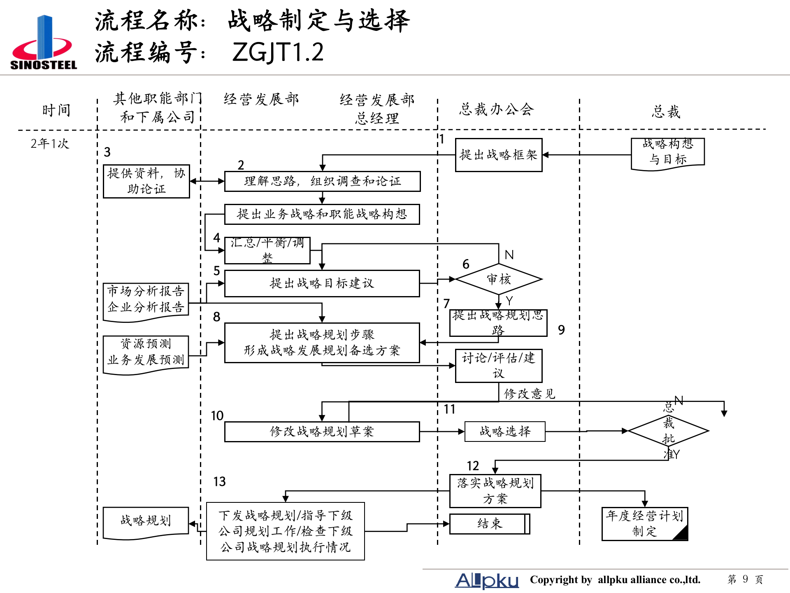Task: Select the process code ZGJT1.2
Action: pyautogui.click(x=278, y=52)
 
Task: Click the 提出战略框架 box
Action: pyautogui.click(x=498, y=155)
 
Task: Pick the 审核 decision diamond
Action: pyautogui.click(x=498, y=279)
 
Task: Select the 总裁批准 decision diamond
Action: pyautogui.click(x=668, y=431)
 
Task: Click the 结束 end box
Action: pyautogui.click(x=489, y=524)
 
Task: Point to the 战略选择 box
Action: pyautogui.click(x=504, y=432)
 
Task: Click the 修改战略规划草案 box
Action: pyautogui.click(x=322, y=432)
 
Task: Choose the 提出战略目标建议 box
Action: pyautogui.click(x=322, y=283)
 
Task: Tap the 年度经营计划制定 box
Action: pyautogui.click(x=644, y=523)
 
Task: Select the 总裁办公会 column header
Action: pyautogui.click(x=497, y=110)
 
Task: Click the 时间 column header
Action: pyautogui.click(x=56, y=110)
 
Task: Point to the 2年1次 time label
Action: pyautogui.click(x=50, y=143)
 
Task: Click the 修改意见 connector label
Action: pyautogui.click(x=529, y=394)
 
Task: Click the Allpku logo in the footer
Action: pyautogui.click(x=486, y=580)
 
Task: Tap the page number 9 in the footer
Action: pyautogui.click(x=745, y=579)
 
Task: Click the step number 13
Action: pyautogui.click(x=219, y=481)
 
